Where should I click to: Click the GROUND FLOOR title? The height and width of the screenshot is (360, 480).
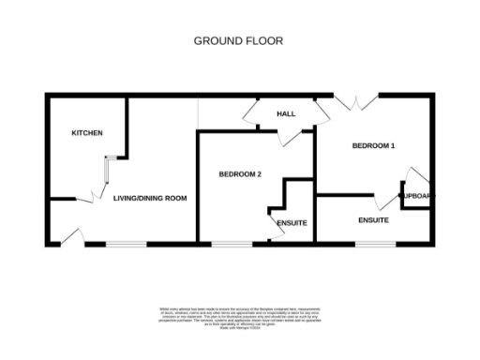pyautogui.click(x=238, y=40)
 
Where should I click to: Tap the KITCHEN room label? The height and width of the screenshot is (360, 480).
pyautogui.click(x=87, y=133)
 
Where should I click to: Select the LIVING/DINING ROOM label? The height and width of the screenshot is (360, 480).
pyautogui.click(x=150, y=199)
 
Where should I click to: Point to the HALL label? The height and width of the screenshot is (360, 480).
pyautogui.click(x=286, y=113)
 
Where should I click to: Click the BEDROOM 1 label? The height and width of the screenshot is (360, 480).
pyautogui.click(x=373, y=145)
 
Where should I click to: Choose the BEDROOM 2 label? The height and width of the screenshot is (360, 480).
pyautogui.click(x=239, y=173)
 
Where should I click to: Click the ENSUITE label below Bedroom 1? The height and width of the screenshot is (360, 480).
pyautogui.click(x=373, y=220)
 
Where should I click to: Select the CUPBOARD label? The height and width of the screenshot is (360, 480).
pyautogui.click(x=417, y=196)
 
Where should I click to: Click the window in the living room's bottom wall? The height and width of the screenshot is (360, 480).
pyautogui.click(x=125, y=245)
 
